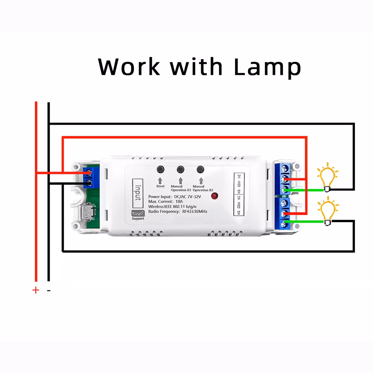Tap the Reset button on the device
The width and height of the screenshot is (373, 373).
pyautogui.click(x=160, y=170)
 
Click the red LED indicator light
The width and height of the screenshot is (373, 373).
pyautogui.click(x=214, y=196)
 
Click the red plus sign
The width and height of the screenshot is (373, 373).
pyautogui.click(x=36, y=290)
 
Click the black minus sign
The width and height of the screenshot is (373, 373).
pyautogui.click(x=49, y=291)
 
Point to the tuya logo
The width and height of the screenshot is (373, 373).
pyautogui.click(x=138, y=214)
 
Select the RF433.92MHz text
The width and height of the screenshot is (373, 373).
pyautogui.click(x=195, y=211)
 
